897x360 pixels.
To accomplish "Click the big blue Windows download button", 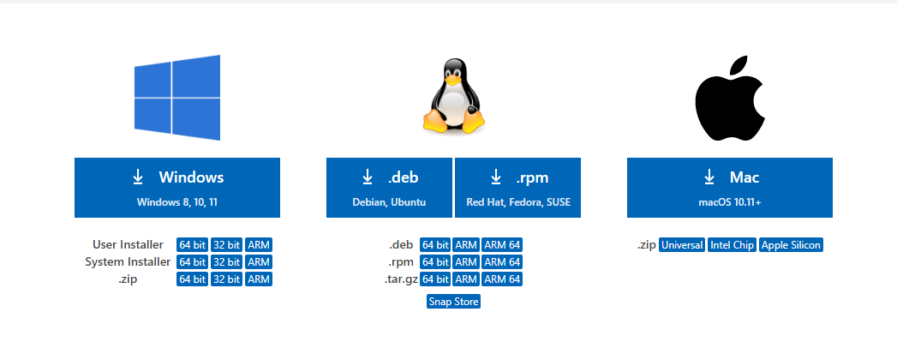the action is point(177,188).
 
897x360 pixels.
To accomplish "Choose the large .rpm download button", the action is point(517,188).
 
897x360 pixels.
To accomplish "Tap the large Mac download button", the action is point(729,188).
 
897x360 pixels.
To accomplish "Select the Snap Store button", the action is point(454,302).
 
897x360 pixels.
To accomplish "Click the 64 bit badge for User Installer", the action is point(192,245).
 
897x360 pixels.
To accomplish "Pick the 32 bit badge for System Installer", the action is point(226,262).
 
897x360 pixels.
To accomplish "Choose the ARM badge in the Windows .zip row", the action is point(259,279).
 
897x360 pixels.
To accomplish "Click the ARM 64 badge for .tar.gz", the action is point(502,279).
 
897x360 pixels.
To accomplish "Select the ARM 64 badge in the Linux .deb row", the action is point(502,245).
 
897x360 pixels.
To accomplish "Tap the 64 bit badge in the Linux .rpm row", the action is point(435,262).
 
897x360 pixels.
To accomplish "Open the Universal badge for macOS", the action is point(682,245).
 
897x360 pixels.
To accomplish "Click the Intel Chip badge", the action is point(733,245).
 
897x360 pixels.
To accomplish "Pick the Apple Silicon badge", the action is point(791,245).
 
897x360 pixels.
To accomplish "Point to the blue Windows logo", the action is point(177,98).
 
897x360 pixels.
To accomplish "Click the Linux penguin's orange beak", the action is point(454,81).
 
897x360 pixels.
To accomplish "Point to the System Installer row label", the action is point(128,262).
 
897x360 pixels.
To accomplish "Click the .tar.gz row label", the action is point(400,279).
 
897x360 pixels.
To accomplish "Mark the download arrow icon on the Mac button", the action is point(709,177).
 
